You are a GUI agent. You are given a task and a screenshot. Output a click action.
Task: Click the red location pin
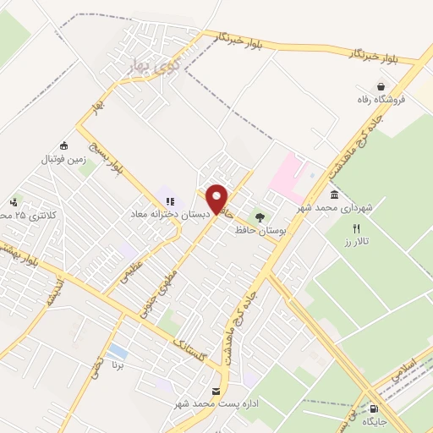(217, 199)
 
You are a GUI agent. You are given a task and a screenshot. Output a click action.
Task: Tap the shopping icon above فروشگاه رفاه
(382, 86)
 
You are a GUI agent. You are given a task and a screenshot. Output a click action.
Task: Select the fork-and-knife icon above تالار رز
(356, 229)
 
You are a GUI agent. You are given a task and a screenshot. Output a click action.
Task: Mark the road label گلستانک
(190, 346)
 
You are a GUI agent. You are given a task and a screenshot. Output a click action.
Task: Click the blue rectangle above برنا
(118, 351)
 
